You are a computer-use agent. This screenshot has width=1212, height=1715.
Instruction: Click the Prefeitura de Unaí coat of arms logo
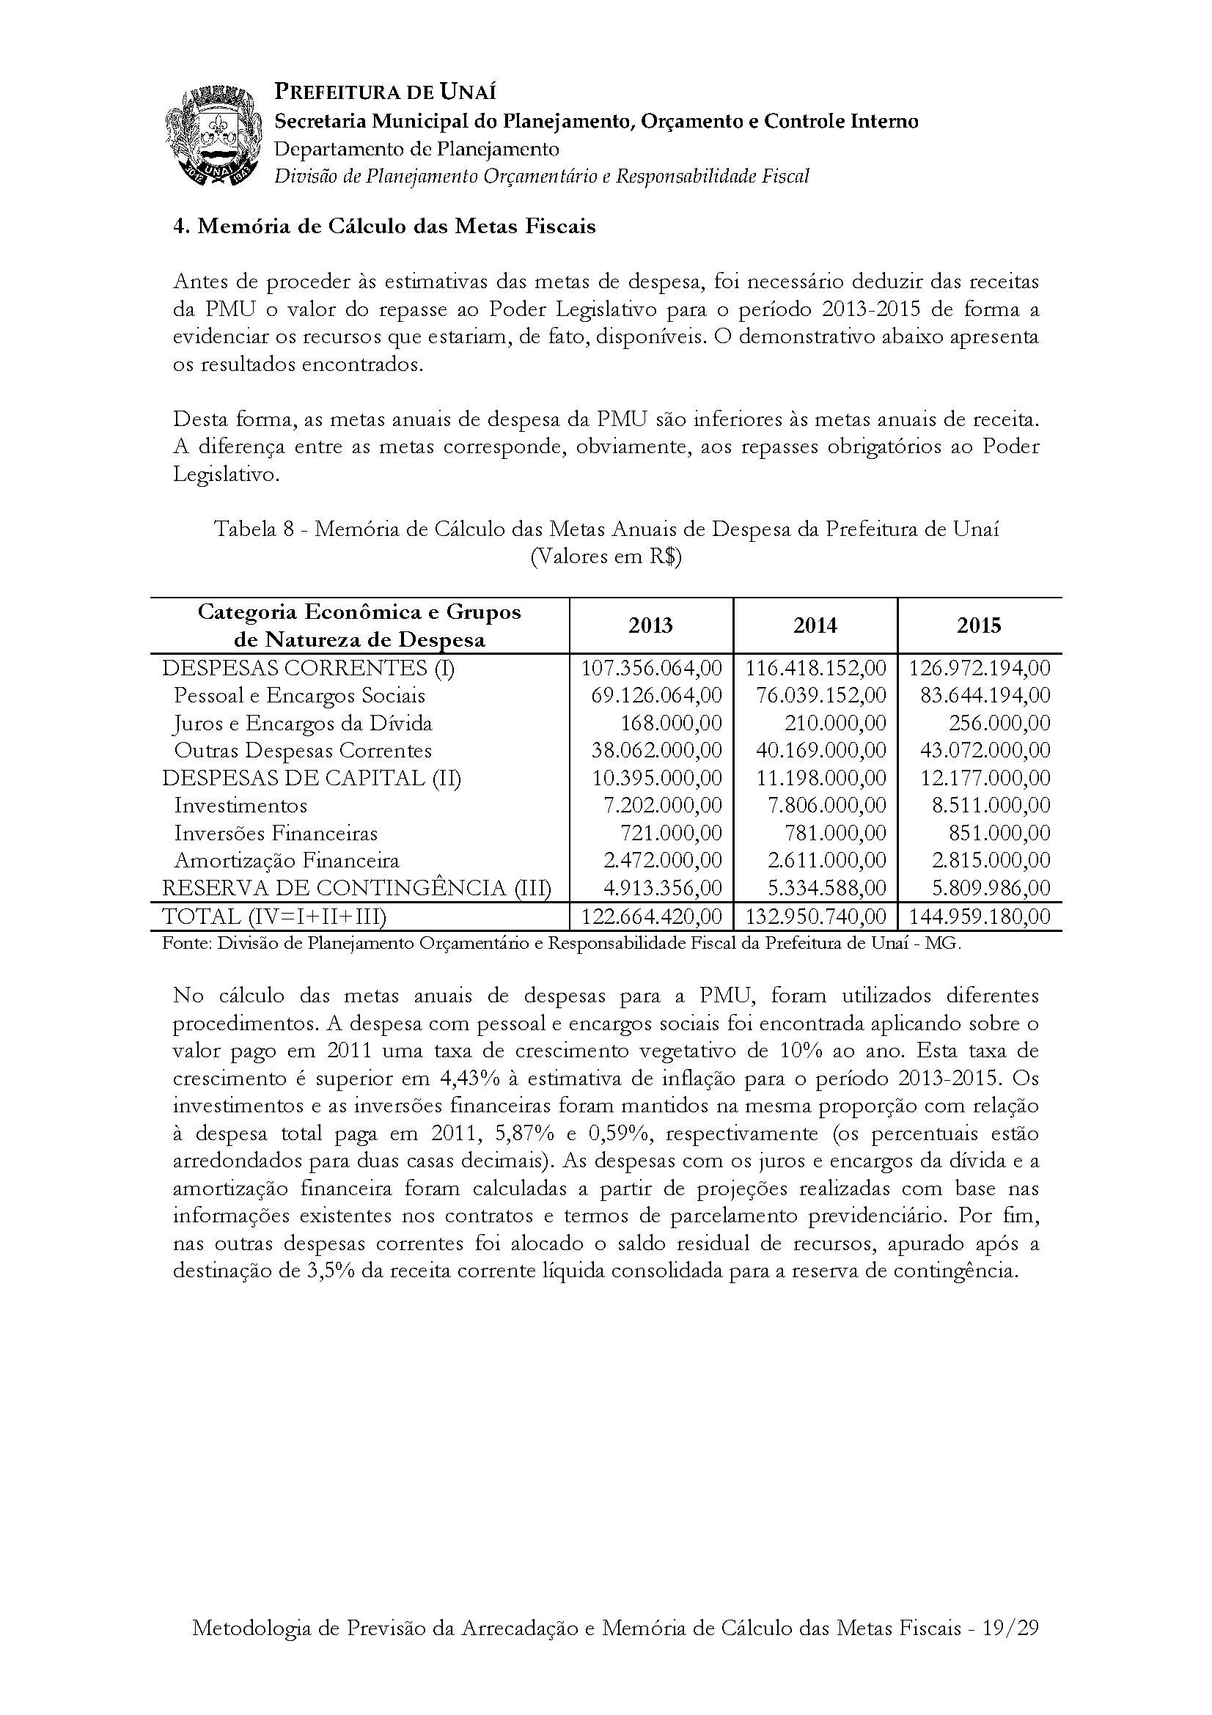click(x=215, y=135)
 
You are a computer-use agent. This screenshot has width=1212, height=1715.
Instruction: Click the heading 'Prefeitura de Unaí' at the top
click(x=386, y=92)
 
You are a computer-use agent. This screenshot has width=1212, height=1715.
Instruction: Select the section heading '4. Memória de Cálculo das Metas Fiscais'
click(x=385, y=227)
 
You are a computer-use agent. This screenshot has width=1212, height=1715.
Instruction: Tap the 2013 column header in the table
click(x=650, y=626)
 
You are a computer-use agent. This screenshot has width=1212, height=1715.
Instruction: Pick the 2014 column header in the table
click(x=815, y=626)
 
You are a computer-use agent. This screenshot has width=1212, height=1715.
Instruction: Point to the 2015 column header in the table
click(x=979, y=626)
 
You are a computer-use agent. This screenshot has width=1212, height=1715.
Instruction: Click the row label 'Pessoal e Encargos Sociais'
click(x=299, y=696)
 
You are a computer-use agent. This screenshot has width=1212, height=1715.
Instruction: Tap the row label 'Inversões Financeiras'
click(x=276, y=834)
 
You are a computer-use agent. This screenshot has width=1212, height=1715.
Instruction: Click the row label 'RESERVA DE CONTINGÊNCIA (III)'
click(x=356, y=888)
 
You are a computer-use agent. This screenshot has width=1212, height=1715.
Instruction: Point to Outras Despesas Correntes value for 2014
click(x=815, y=751)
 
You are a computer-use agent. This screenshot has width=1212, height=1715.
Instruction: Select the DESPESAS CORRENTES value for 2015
click(x=979, y=668)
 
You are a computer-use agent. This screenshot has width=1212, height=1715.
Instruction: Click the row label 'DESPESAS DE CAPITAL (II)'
click(x=312, y=779)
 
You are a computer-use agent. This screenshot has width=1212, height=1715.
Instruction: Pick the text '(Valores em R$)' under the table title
click(x=606, y=557)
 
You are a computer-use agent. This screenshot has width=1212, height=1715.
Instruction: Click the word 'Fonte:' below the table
click(x=187, y=944)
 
